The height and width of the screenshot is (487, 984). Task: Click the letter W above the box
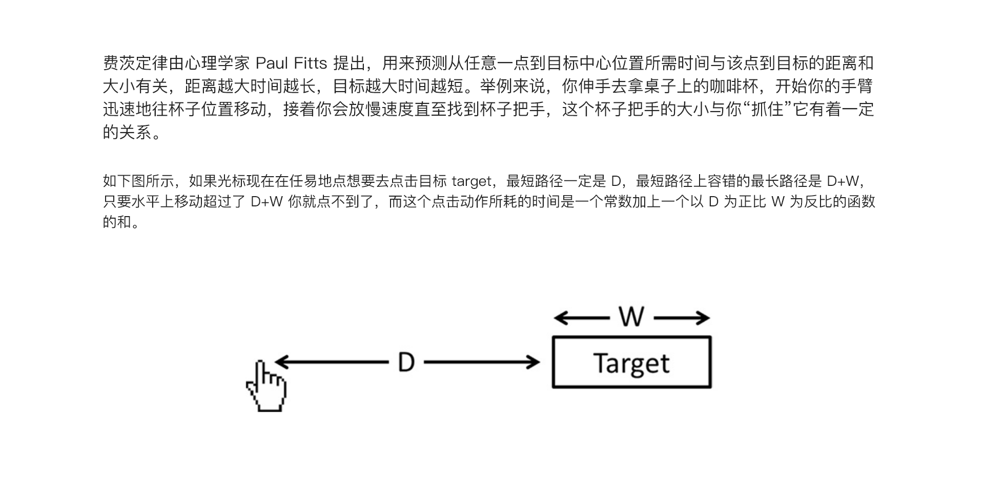[631, 317]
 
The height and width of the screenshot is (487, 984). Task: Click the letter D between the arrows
[406, 363]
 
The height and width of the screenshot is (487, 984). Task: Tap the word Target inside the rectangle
[631, 364]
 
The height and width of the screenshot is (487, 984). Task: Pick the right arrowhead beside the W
[703, 318]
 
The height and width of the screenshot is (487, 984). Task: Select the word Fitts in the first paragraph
[311, 63]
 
